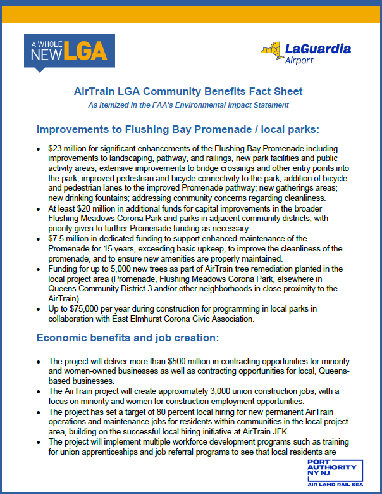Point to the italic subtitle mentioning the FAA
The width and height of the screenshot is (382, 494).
(x=188, y=104)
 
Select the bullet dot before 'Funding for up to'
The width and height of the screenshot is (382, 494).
(x=39, y=269)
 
